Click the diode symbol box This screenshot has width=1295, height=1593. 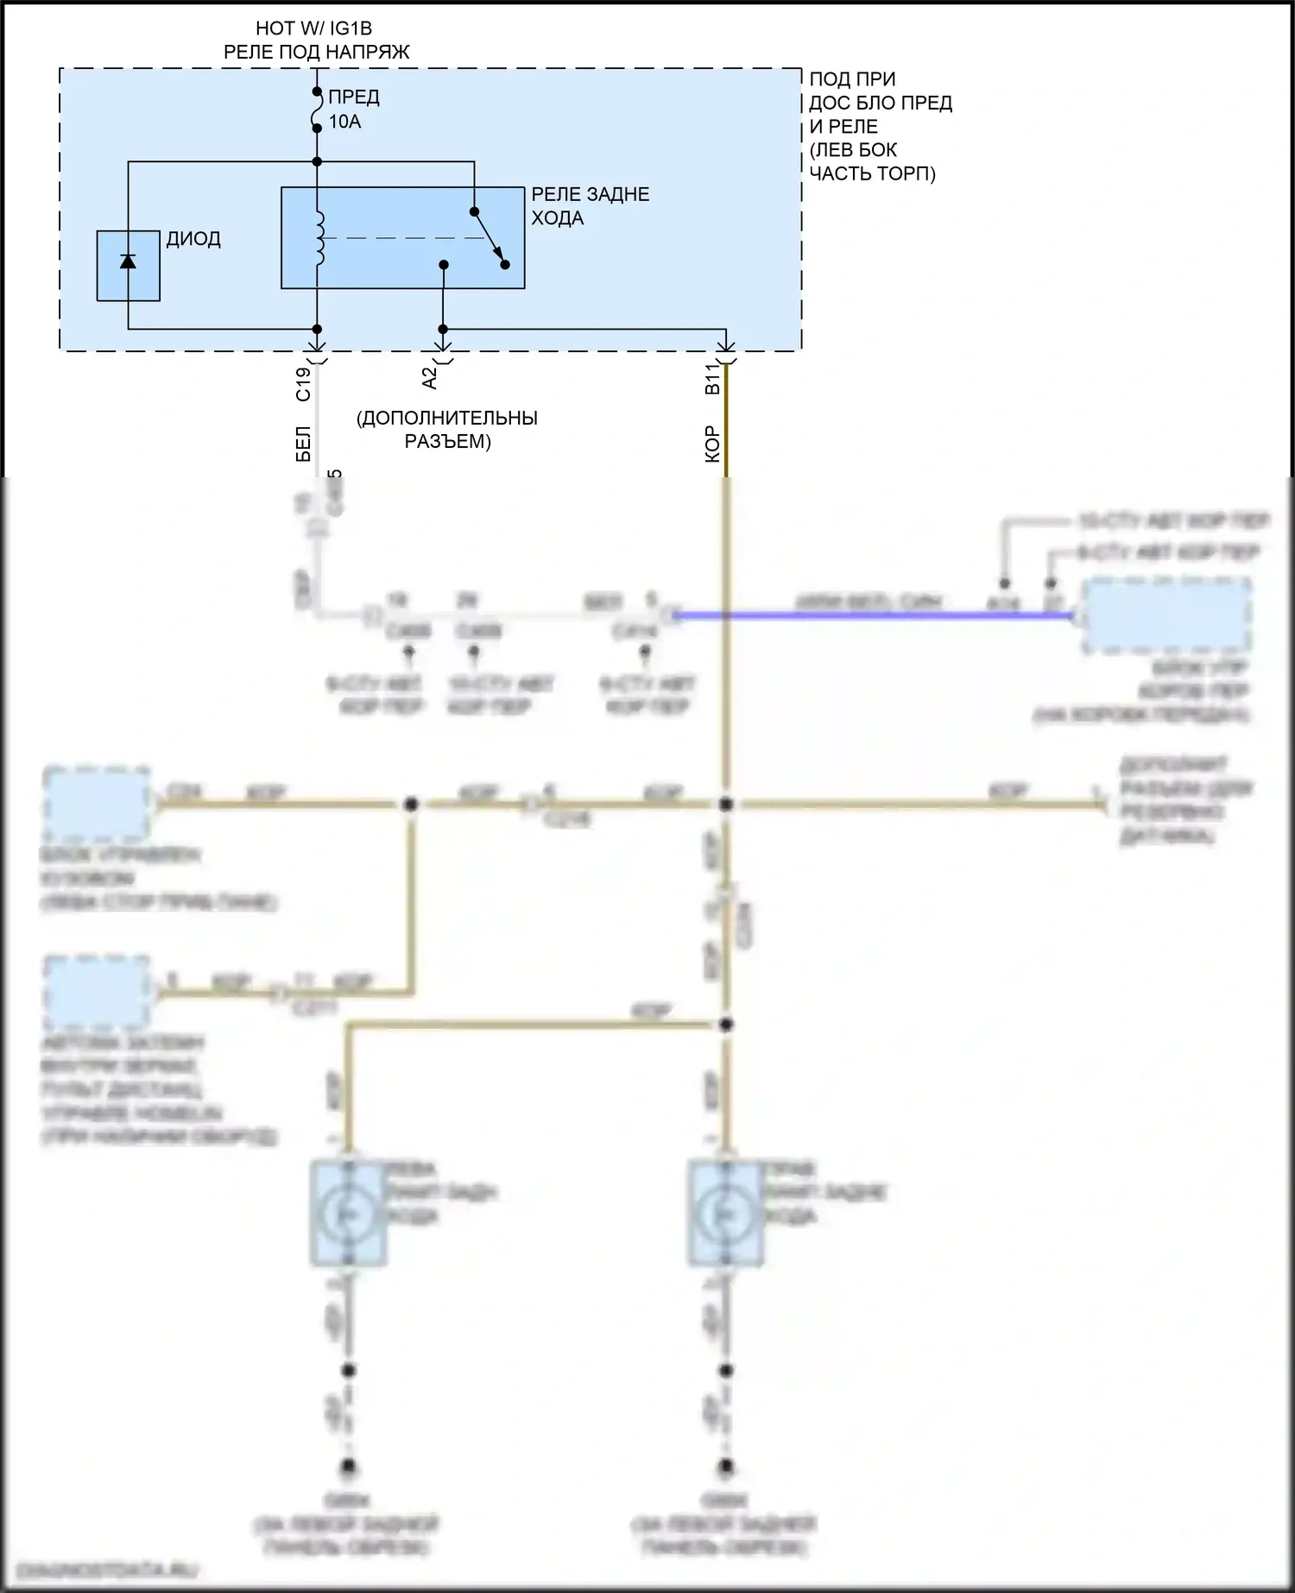pos(128,266)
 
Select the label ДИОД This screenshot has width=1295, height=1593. pos(193,239)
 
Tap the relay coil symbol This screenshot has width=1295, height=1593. pos(320,238)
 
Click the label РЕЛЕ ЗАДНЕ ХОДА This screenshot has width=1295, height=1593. pos(590,206)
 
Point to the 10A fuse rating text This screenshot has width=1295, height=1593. pos(344,122)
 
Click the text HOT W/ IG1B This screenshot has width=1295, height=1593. pos(313,29)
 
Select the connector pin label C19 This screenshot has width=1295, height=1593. pos(303,384)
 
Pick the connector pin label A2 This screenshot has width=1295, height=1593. pos(429,377)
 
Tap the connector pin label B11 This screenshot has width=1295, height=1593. pos(712,379)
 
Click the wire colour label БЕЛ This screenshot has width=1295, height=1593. pos(303,444)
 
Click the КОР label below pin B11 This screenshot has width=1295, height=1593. pos(712,444)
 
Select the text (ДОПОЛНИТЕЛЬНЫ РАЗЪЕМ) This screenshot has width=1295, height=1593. pos(447,430)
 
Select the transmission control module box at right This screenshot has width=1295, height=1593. pos(1165,615)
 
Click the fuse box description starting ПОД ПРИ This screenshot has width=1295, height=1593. pos(880,126)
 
